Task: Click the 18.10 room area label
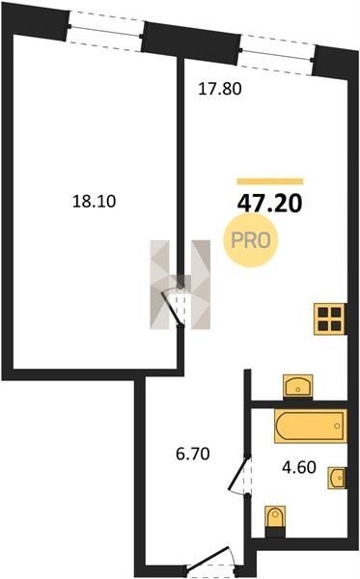point(95,202)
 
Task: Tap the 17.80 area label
point(220,89)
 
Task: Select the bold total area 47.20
point(270,204)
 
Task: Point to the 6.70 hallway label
point(193,454)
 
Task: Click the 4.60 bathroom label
point(299,467)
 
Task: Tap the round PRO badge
point(251,240)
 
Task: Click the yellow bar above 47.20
point(270,181)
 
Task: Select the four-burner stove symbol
point(329,319)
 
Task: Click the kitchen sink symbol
point(297,386)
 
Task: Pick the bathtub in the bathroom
point(310,426)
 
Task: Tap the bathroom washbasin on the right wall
point(337,479)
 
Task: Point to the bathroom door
point(238,475)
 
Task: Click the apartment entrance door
point(209,561)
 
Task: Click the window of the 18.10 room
point(105,31)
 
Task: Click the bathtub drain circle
point(337,426)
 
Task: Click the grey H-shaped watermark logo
point(180,285)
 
